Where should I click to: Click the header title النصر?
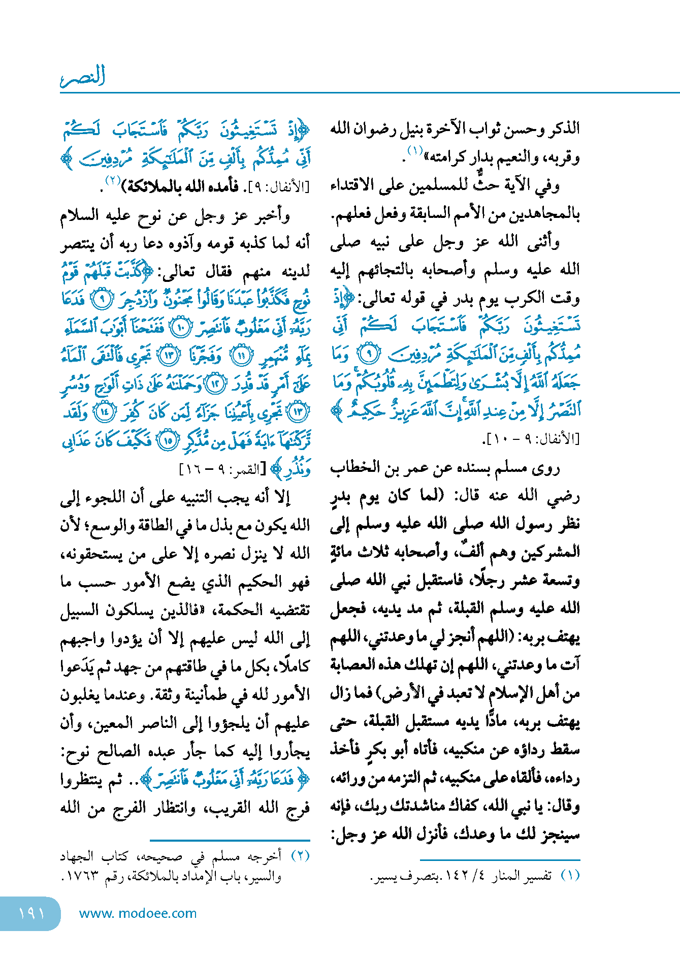click(x=83, y=76)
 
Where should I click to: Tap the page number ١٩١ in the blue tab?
click(x=31, y=913)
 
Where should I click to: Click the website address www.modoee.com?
click(x=138, y=913)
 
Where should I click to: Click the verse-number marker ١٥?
click(x=168, y=440)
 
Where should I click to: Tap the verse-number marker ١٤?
click(x=105, y=412)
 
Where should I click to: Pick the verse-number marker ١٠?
click(x=181, y=328)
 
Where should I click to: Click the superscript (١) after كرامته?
click(x=414, y=151)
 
